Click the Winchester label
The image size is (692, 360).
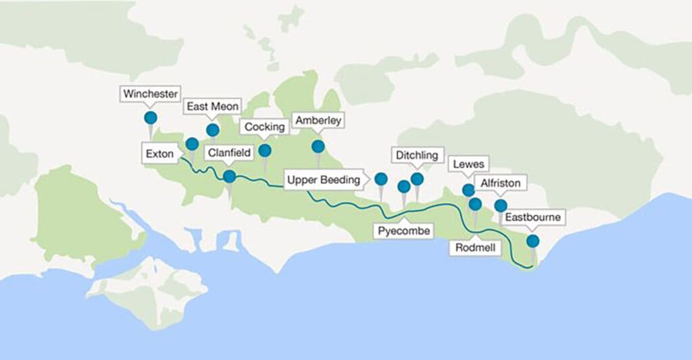[x=151, y=94]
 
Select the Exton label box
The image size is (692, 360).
[x=159, y=154]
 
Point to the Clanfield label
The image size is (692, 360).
[x=229, y=153]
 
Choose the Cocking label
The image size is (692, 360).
[x=264, y=127]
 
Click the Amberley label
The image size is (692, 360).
[x=318, y=121]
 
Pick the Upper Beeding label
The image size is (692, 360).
[x=324, y=180]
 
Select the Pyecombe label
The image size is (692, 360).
[x=403, y=231]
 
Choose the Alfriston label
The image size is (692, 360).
[x=500, y=183]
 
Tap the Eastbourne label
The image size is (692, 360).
[x=533, y=218]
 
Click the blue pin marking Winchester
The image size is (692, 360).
[x=151, y=118]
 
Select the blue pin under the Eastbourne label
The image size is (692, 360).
[x=533, y=240]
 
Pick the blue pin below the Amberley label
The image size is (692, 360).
[x=318, y=146]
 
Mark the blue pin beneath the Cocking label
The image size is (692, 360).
[x=265, y=150]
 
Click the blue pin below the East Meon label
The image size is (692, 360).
[x=212, y=130]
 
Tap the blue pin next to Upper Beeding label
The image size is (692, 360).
[x=381, y=179]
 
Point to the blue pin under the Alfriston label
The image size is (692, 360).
[x=500, y=205]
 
